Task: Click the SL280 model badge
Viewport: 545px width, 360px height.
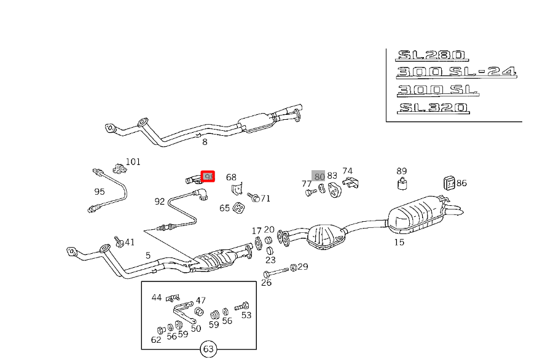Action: tap(433, 55)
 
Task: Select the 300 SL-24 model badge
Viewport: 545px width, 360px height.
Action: tap(456, 72)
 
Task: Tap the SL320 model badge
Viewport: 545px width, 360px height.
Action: tap(433, 108)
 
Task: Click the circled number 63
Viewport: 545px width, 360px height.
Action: tap(208, 350)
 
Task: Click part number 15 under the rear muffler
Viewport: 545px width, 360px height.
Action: tap(399, 242)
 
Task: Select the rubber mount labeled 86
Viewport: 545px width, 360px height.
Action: tap(449, 182)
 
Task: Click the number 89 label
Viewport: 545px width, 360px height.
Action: tap(401, 171)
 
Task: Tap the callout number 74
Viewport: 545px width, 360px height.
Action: tap(347, 171)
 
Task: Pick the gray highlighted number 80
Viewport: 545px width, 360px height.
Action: tap(318, 176)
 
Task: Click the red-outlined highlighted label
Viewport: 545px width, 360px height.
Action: tap(208, 177)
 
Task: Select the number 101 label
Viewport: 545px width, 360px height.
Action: tap(133, 162)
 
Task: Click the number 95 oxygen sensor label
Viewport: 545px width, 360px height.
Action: tap(100, 192)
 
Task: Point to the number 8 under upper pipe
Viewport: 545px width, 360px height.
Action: tap(205, 142)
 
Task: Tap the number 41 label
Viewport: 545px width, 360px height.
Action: tap(130, 242)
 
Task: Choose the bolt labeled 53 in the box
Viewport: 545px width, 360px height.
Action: tap(245, 305)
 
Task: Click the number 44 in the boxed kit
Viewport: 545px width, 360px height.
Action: tap(157, 297)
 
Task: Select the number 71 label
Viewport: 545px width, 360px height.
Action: tap(265, 198)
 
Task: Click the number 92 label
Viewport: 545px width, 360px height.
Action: tap(160, 201)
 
